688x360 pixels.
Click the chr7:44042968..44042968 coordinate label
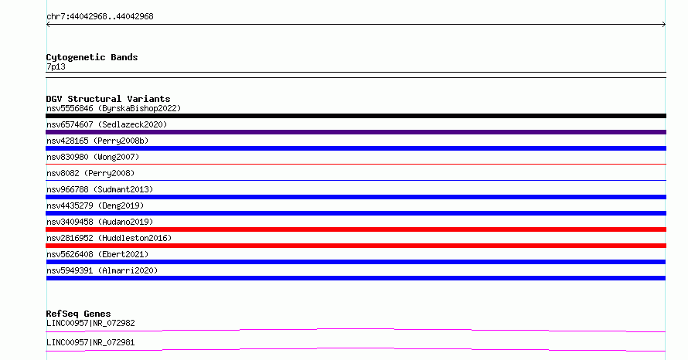100,16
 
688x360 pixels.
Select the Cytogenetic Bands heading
92,57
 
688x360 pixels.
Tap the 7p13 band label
56,66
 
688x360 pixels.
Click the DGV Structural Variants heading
108,99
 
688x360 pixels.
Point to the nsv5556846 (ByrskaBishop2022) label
114,108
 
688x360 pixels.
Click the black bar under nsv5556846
356,116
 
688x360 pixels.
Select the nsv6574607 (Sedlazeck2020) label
107,124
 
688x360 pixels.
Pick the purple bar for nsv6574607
356,132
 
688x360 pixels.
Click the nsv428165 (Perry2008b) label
97,141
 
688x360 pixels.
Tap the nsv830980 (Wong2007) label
93,157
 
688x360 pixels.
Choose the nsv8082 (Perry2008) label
90,173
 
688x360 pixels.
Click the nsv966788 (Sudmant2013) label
100,189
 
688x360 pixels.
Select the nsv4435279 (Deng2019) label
95,205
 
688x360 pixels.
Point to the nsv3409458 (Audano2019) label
100,222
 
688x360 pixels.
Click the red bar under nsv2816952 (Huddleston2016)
356,246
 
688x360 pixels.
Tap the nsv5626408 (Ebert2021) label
97,254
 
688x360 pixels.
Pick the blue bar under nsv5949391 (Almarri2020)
356,278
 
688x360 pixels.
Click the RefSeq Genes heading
78,314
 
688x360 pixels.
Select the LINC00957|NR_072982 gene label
90,323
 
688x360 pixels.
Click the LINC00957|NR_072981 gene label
90,342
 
